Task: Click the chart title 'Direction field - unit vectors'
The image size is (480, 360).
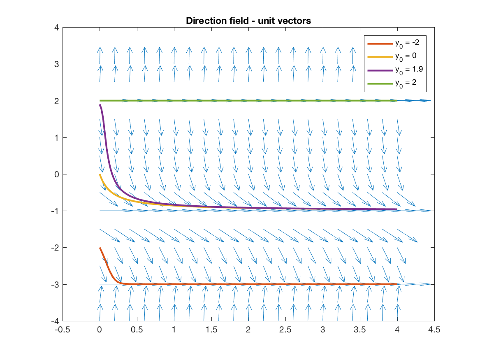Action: (248, 21)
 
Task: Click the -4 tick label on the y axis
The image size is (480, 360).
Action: (54, 321)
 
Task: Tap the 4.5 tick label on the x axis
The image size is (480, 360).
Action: (434, 330)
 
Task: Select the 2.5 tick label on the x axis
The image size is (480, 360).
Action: (285, 330)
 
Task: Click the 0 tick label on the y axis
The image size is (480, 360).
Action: (56, 174)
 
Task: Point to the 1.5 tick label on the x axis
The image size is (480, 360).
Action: (211, 330)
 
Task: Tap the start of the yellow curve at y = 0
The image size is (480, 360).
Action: (100, 174)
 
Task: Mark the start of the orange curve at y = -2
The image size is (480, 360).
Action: (100, 248)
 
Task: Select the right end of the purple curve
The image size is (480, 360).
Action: (397, 209)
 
